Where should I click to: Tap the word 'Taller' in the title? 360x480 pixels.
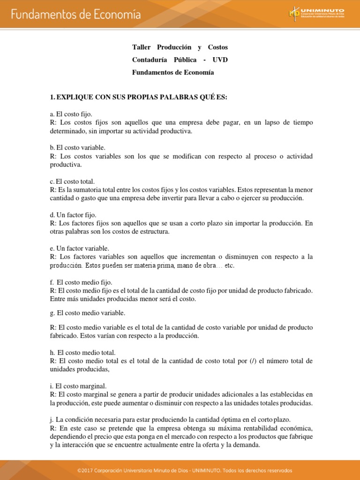[x=142, y=47]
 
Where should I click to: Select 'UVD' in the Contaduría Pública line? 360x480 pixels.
[x=220, y=60]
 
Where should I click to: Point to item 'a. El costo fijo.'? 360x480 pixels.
[x=71, y=114]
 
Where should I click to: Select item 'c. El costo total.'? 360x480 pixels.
[x=73, y=181]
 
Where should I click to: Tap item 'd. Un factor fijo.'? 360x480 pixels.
[x=73, y=215]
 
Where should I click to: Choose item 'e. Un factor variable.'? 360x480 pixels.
[x=79, y=248]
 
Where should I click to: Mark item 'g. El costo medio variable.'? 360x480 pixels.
[x=88, y=313]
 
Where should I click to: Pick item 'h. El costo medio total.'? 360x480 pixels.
[x=82, y=352]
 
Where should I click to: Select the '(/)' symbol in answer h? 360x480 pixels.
[x=253, y=361]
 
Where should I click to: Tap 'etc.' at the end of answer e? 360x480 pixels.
[x=229, y=266]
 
